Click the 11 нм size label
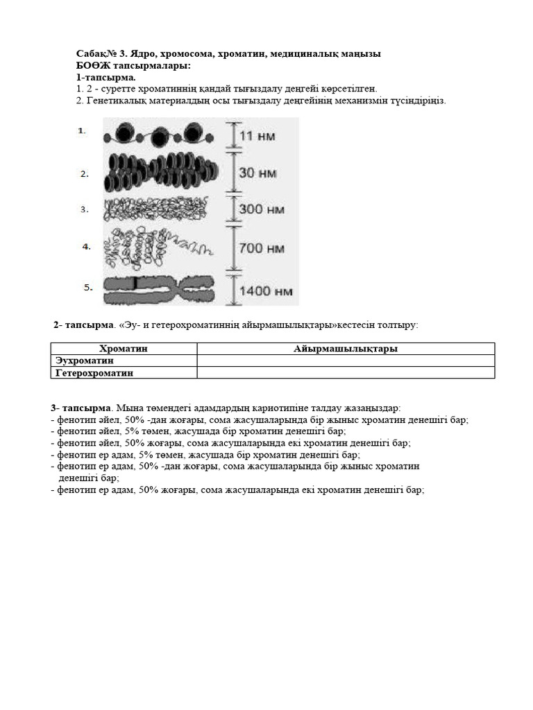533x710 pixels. (x=256, y=136)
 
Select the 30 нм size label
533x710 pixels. (x=257, y=173)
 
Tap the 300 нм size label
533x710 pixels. (x=262, y=209)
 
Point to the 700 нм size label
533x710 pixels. (x=262, y=248)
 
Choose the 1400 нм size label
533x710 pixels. (x=264, y=291)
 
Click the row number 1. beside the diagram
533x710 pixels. (x=82, y=130)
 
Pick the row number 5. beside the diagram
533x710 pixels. (x=88, y=288)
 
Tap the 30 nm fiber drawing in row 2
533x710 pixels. (x=164, y=173)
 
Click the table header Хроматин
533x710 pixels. (x=124, y=349)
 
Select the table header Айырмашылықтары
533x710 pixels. (x=346, y=349)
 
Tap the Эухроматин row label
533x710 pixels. (x=85, y=361)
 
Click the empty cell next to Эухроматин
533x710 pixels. (x=346, y=361)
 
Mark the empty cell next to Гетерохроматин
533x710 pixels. (x=346, y=372)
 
